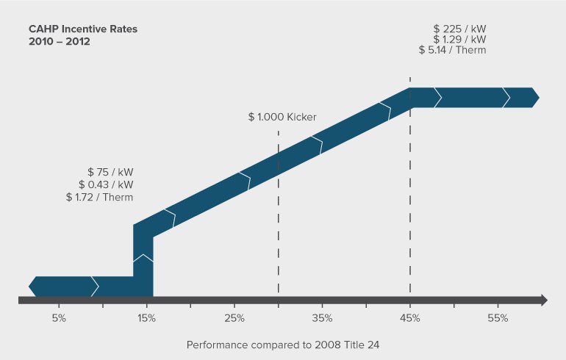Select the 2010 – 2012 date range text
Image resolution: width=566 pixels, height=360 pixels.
point(60,42)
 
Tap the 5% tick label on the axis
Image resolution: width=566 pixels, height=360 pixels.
point(60,318)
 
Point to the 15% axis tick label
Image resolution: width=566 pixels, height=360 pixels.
point(146,318)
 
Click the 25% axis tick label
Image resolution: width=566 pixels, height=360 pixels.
point(234,318)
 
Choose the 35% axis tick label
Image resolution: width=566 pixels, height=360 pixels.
point(322,318)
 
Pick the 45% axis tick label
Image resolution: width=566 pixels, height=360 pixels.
point(409,318)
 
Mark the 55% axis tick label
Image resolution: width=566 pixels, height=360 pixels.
point(498,318)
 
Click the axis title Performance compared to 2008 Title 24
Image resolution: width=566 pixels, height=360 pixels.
point(282,344)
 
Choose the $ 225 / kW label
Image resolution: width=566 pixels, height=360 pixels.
point(459,28)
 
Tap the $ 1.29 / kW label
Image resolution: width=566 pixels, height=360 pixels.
point(459,39)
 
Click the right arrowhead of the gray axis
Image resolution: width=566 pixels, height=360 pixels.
point(544,300)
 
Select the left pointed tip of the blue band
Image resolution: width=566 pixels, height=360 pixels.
point(32,286)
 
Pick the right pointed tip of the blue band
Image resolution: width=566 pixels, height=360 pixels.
point(537,97)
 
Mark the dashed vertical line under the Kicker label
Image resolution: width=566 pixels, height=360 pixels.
point(278,220)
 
